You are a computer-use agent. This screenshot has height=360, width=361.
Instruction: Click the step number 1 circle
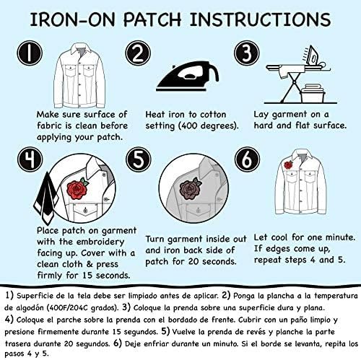(30, 53)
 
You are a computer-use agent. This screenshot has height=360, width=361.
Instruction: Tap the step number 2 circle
(138, 53)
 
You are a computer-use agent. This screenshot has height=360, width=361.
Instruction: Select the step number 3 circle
(247, 53)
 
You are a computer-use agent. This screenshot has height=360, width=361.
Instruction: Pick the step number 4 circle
(30, 159)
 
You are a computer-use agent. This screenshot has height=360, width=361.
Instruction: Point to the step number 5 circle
(139, 159)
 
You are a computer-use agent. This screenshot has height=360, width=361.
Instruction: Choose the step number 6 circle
(248, 159)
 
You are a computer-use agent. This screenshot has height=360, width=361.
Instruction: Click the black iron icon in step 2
(188, 76)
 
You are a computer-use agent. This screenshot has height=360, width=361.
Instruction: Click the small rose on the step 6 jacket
(288, 165)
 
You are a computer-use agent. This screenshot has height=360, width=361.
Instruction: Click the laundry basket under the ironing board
(313, 93)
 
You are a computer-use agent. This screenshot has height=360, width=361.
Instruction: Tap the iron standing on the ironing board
(315, 57)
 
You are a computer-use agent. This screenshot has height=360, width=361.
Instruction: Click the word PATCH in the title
(152, 19)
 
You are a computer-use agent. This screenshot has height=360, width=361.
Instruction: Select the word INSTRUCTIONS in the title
(261, 19)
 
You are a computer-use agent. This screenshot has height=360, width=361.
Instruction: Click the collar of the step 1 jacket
(82, 50)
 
